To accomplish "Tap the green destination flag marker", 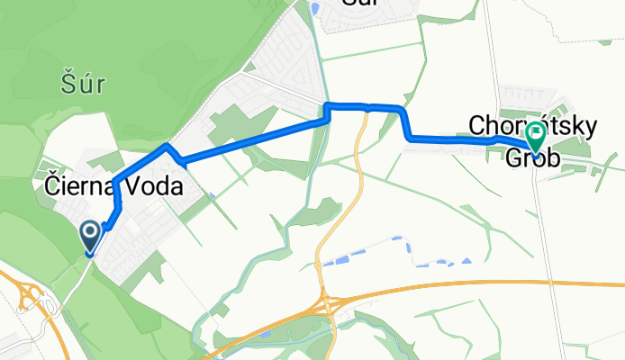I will coord(536,137).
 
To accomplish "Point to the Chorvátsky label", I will coord(531,127).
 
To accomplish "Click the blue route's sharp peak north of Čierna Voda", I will coord(167,145).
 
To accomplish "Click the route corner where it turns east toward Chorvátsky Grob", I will coord(411,138).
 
